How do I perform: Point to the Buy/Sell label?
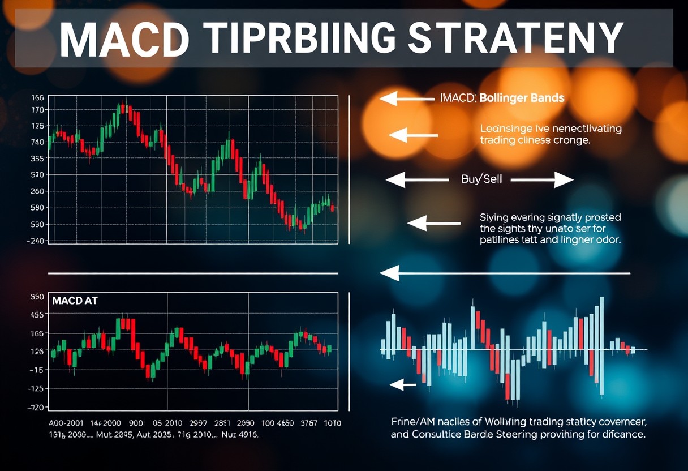pos(478,179)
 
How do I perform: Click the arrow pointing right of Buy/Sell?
pos(542,180)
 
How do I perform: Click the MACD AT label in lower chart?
pos(75,301)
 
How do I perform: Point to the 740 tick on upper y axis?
pos(38,142)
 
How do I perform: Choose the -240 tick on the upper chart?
pos(37,241)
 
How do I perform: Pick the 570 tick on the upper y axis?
pos(38,175)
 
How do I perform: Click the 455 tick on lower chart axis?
pos(37,315)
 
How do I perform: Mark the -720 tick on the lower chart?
pos(37,408)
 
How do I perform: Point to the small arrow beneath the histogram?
pos(403,385)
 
